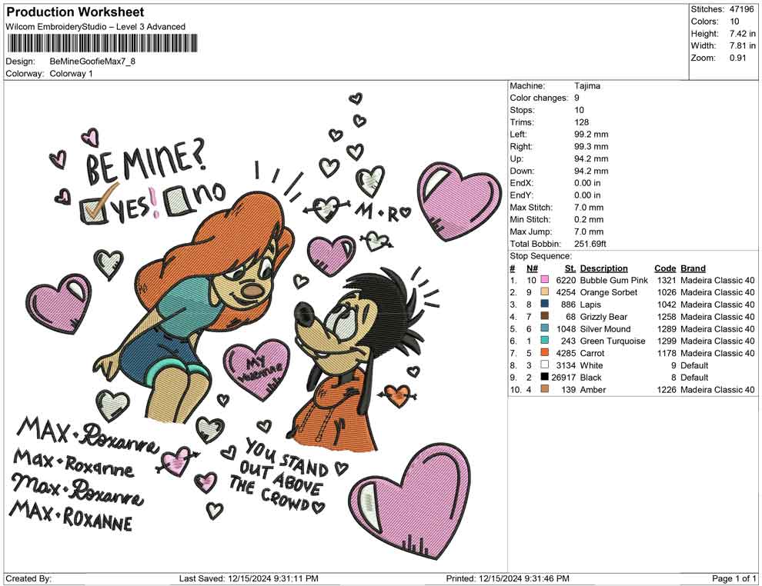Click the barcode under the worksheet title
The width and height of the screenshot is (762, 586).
[102, 43]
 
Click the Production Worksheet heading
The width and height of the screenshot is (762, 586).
[75, 12]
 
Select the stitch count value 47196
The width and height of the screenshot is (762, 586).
[741, 9]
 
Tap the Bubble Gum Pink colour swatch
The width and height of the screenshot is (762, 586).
[545, 280]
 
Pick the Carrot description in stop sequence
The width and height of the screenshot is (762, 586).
[593, 353]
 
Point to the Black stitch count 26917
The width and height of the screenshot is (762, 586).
[563, 378]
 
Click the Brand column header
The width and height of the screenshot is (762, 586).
[693, 268]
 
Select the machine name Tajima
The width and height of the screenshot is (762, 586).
[587, 86]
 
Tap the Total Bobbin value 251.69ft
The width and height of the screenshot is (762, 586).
[590, 244]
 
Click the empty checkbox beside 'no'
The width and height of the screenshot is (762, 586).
[176, 201]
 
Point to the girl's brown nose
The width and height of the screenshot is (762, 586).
[252, 291]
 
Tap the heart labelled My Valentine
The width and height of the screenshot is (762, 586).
[257, 368]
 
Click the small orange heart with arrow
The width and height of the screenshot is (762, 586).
[398, 395]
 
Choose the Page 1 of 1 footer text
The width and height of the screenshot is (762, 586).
[734, 578]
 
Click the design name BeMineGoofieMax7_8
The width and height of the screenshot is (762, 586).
[92, 62]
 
